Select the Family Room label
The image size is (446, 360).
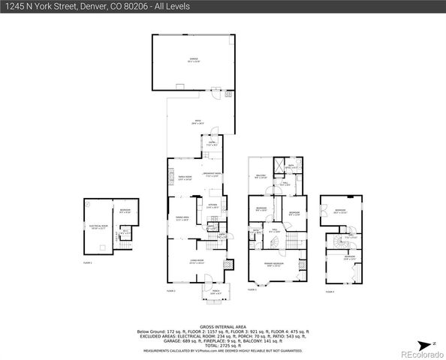click(184, 178)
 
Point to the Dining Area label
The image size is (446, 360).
click(182, 218)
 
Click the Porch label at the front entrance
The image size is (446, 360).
click(216, 292)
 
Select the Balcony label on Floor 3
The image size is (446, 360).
click(261, 177)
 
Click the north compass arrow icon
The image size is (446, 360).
click(432, 342)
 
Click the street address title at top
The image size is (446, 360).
click(95, 6)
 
